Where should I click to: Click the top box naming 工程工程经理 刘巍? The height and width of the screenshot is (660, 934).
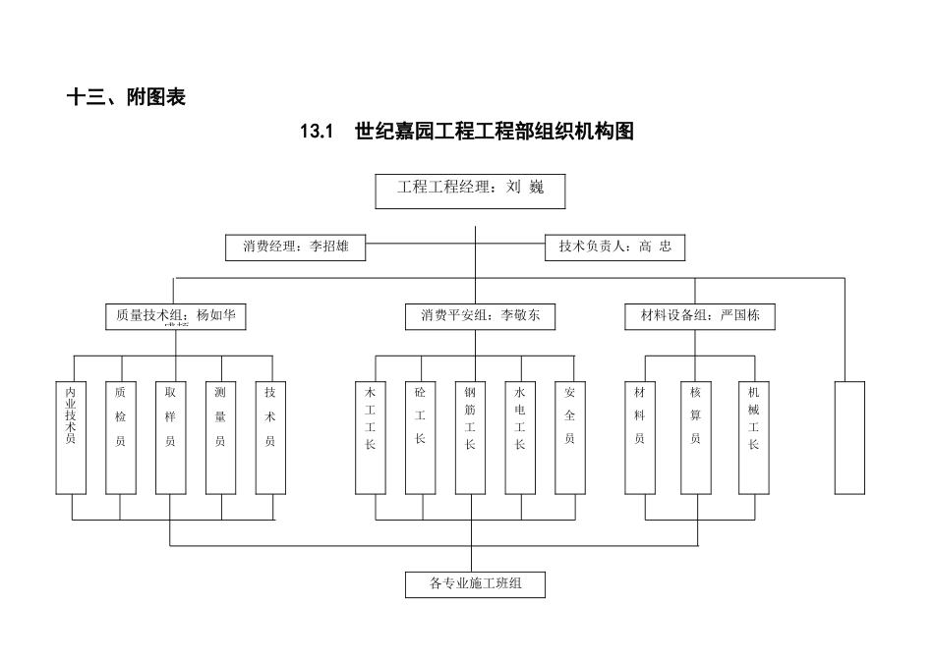(x=470, y=192)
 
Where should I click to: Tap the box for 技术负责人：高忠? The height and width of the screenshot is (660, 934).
(x=614, y=247)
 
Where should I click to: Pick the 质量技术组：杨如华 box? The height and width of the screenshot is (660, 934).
(x=175, y=316)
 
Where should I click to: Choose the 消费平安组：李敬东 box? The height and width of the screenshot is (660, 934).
(x=480, y=316)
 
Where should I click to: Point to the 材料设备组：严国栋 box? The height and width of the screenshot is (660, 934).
(x=700, y=316)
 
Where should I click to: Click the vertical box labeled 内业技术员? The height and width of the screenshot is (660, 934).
(x=71, y=436)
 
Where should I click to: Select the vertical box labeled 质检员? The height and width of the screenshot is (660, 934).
(x=120, y=436)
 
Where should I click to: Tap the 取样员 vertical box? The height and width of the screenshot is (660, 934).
(x=170, y=436)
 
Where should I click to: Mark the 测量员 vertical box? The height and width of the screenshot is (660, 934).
(x=220, y=436)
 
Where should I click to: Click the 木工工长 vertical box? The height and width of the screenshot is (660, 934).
(x=371, y=436)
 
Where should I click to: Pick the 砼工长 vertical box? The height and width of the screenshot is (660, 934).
(x=420, y=436)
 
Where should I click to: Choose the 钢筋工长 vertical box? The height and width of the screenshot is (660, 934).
(x=470, y=436)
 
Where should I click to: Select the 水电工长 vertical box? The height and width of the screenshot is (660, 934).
(x=520, y=436)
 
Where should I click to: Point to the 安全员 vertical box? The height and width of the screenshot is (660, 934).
(x=570, y=436)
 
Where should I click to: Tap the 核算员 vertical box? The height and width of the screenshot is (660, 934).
(x=695, y=436)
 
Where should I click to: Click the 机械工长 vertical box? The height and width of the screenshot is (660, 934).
(x=753, y=436)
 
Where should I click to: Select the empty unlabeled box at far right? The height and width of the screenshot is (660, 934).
(x=849, y=436)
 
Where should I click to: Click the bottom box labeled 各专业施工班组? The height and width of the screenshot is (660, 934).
(x=475, y=584)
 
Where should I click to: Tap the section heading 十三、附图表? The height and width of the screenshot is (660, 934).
(x=125, y=97)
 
